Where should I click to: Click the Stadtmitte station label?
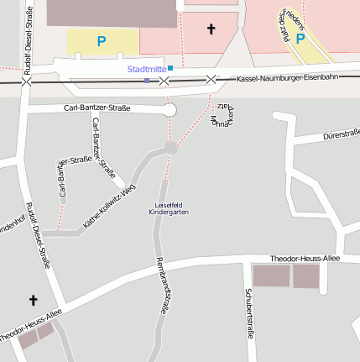coord(146,69)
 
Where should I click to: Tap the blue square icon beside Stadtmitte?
coord(170,68)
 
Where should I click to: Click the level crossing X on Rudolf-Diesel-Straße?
coord(26,81)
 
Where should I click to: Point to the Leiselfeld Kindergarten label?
coord(169,209)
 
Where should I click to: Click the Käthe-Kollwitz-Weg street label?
coord(110,206)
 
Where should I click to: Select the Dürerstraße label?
coord(341,133)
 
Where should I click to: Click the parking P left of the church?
coord(102,40)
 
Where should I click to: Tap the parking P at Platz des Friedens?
coord(300,39)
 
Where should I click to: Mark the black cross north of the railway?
coord(211,29)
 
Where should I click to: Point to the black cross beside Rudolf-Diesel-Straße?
coord(34,299)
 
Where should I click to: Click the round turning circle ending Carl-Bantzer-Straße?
coord(170,110)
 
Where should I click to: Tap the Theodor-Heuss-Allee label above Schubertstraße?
coord(305,258)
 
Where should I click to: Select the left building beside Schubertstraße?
coord(271,275)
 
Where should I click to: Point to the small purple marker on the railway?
coord(147,81)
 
